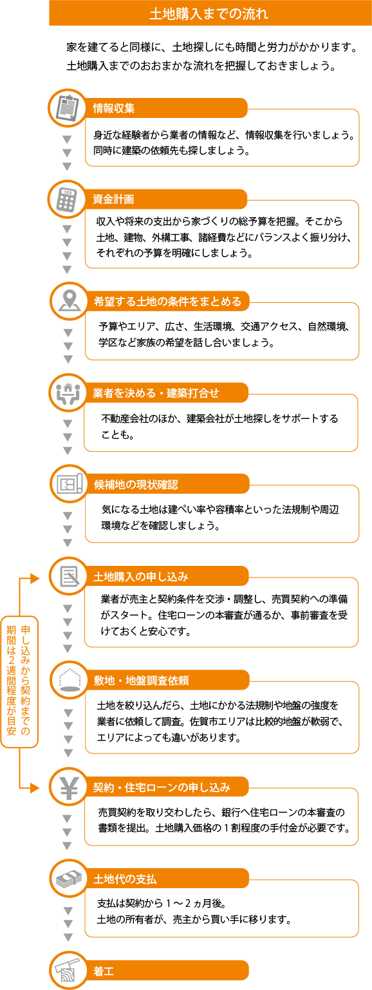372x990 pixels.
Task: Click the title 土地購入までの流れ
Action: point(209,14)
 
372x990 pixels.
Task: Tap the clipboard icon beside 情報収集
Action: point(68,108)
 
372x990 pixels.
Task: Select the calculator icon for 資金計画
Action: point(67,199)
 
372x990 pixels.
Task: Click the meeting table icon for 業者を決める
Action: point(68,393)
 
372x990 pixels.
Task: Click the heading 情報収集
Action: point(114,108)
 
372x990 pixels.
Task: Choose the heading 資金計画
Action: point(113,199)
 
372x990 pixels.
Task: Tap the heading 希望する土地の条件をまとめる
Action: point(168,302)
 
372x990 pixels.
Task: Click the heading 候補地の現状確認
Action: point(136,485)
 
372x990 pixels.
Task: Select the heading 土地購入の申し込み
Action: point(141,577)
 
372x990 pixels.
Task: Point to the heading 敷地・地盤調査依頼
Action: point(141,681)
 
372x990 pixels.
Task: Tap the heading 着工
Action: point(104,971)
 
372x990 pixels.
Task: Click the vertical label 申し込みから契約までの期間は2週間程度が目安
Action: point(19,681)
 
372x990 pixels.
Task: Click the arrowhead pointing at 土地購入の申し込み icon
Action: point(35,578)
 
